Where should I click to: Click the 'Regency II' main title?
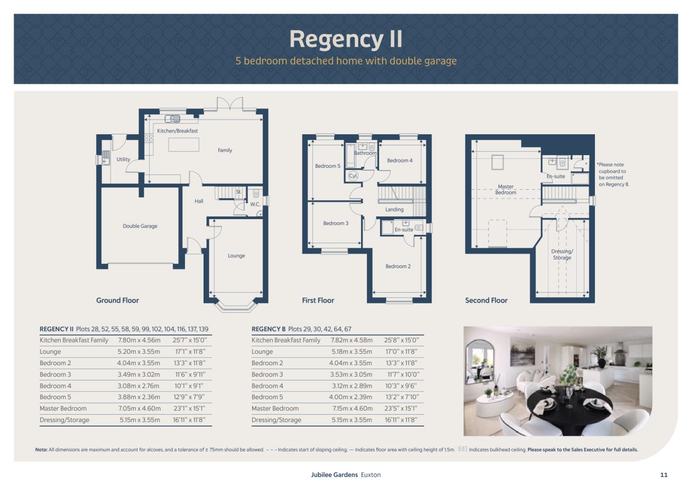pyautogui.click(x=346, y=39)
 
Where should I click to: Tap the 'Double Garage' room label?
pyautogui.click(x=140, y=226)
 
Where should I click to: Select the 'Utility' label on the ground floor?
pyautogui.click(x=123, y=159)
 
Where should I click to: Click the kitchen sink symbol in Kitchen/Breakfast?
pyautogui.click(x=172, y=119)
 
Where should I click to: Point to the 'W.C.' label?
pyautogui.click(x=255, y=204)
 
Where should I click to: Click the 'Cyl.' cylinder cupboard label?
pyautogui.click(x=353, y=176)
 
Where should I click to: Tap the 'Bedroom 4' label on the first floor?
pyautogui.click(x=400, y=161)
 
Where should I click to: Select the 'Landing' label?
pyautogui.click(x=394, y=209)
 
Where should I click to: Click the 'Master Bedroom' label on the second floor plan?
pyautogui.click(x=506, y=190)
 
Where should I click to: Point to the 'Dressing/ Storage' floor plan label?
pyautogui.click(x=562, y=255)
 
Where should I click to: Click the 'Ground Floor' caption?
pyautogui.click(x=117, y=300)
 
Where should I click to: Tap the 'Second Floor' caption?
pyautogui.click(x=486, y=300)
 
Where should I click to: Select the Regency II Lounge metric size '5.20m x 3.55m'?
pyautogui.click(x=139, y=352)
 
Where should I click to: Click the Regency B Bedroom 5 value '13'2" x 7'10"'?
pyautogui.click(x=401, y=397)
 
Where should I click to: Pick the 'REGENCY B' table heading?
pyautogui.click(x=268, y=329)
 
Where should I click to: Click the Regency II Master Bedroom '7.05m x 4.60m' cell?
pyautogui.click(x=139, y=408)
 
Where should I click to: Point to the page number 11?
pyautogui.click(x=664, y=475)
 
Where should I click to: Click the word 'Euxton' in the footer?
pyautogui.click(x=371, y=475)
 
